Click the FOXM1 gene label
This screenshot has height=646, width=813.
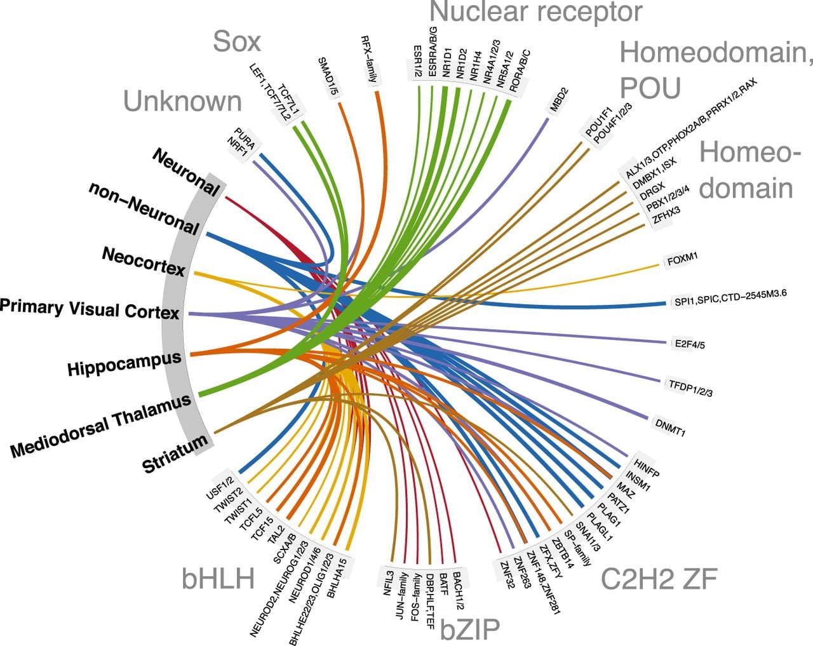[682, 260]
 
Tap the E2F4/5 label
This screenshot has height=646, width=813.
[690, 344]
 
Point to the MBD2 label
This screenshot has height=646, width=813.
[559, 100]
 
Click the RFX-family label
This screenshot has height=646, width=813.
[370, 59]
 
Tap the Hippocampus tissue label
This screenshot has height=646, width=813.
[124, 363]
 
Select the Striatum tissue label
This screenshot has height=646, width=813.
[175, 454]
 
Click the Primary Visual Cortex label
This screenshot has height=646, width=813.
[90, 309]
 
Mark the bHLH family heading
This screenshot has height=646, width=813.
[218, 579]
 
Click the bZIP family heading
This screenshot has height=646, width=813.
[470, 630]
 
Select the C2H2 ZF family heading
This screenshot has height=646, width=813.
[659, 579]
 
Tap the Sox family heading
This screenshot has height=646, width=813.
[237, 41]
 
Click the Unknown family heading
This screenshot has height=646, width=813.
[182, 101]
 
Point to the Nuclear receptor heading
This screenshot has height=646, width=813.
[535, 12]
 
